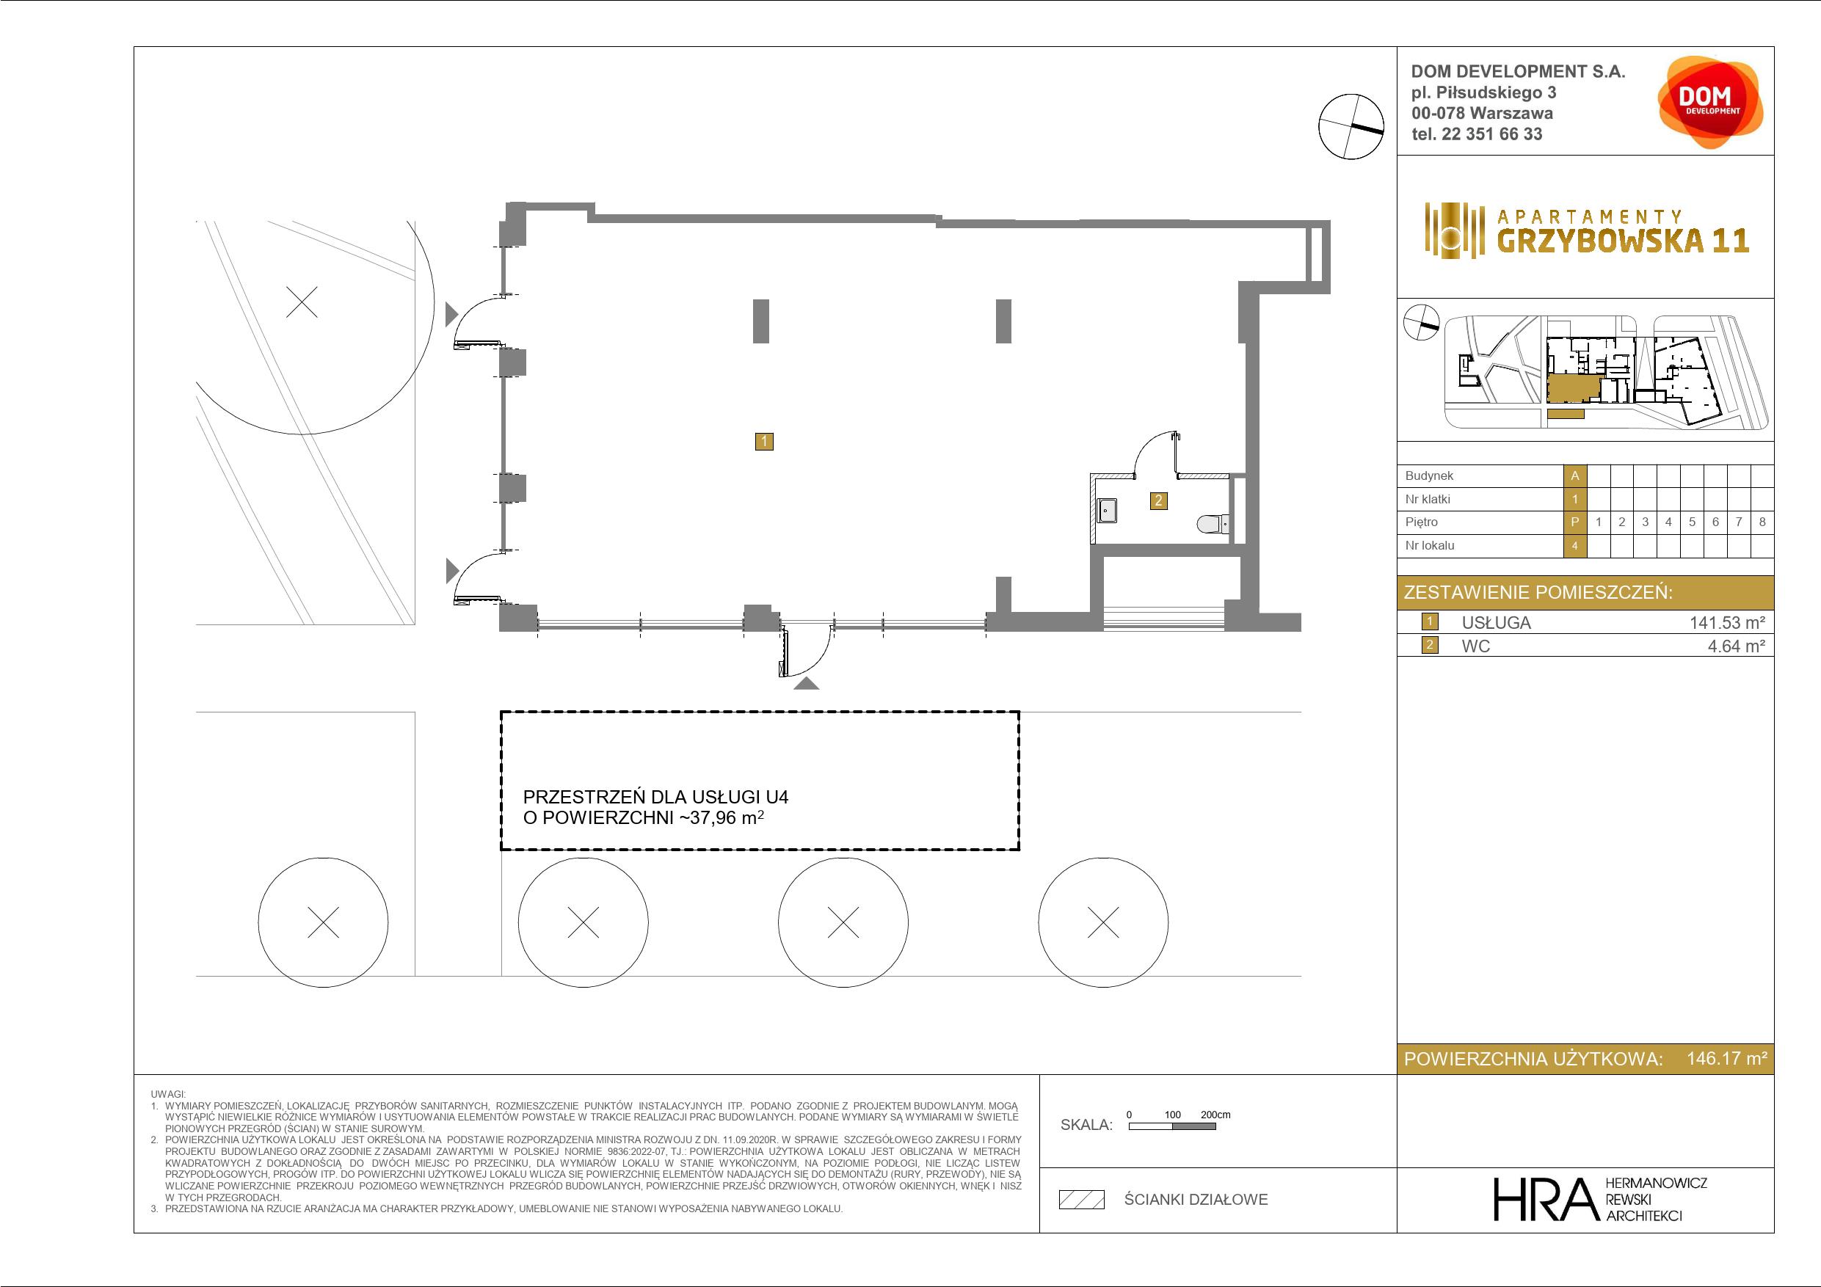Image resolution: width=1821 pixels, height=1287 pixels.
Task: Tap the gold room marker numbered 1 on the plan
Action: coord(764,442)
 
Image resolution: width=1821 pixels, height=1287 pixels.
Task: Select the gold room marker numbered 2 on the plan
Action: coord(1159,500)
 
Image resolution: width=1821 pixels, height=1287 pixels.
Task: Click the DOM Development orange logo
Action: coord(1710,103)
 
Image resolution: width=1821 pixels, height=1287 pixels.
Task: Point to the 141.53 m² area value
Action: coord(1727,622)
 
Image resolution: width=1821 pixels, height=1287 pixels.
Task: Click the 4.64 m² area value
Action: coord(1736,646)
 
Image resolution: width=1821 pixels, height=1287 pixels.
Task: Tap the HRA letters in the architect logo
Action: coord(1543,1199)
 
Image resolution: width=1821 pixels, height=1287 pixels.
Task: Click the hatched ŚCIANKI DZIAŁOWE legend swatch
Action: coord(1082,1200)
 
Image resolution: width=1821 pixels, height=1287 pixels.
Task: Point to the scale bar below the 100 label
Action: coord(1172,1126)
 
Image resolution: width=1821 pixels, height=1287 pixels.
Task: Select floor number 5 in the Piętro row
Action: coord(1692,522)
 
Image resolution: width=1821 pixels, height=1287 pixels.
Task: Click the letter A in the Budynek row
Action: coord(1575,475)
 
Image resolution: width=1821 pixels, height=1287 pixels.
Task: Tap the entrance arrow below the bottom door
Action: coord(807,684)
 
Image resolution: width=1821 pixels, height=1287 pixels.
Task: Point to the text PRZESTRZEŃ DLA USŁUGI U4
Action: coord(656,797)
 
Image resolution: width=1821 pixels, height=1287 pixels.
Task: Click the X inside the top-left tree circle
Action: coord(302,302)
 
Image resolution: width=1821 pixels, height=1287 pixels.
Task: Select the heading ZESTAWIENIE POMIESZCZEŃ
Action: coord(1538,592)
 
